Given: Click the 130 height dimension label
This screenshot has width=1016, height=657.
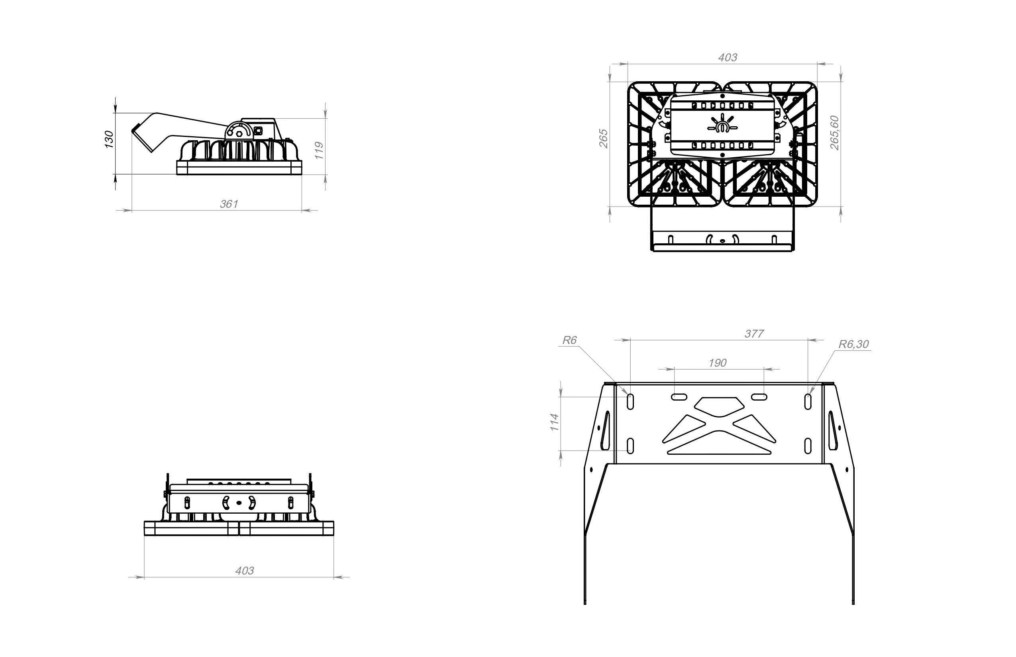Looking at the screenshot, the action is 109,139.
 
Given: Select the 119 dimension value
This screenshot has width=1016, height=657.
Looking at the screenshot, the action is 319,151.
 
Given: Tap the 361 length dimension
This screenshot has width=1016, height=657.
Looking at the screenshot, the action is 229,204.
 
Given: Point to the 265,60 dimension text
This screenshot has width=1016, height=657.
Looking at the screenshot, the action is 835,133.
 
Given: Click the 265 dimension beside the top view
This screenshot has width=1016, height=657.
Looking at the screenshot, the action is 604,138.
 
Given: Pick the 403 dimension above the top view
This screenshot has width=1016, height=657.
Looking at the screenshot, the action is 728,58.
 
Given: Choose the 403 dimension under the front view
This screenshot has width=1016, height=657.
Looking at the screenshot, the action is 245,571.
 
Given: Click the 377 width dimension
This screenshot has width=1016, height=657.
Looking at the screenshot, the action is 754,334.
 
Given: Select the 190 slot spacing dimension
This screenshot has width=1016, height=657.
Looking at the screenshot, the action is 718,363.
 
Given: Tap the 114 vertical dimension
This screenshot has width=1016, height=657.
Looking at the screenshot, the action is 555,422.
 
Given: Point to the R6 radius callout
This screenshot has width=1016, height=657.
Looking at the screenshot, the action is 569,340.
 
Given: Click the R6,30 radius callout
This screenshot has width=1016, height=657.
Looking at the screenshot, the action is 853,344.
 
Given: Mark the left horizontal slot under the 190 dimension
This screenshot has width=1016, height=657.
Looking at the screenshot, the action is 679,397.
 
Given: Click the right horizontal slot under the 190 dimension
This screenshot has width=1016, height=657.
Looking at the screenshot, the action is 759,397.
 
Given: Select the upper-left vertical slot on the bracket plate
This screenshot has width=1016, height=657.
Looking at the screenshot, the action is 630,402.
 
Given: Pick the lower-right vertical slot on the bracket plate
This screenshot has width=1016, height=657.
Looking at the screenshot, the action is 808,446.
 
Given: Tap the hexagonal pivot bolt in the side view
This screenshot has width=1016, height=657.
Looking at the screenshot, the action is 239,133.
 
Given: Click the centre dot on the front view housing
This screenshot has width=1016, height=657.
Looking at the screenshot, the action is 239,503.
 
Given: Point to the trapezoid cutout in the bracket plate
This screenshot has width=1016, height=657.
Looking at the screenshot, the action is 719,407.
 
